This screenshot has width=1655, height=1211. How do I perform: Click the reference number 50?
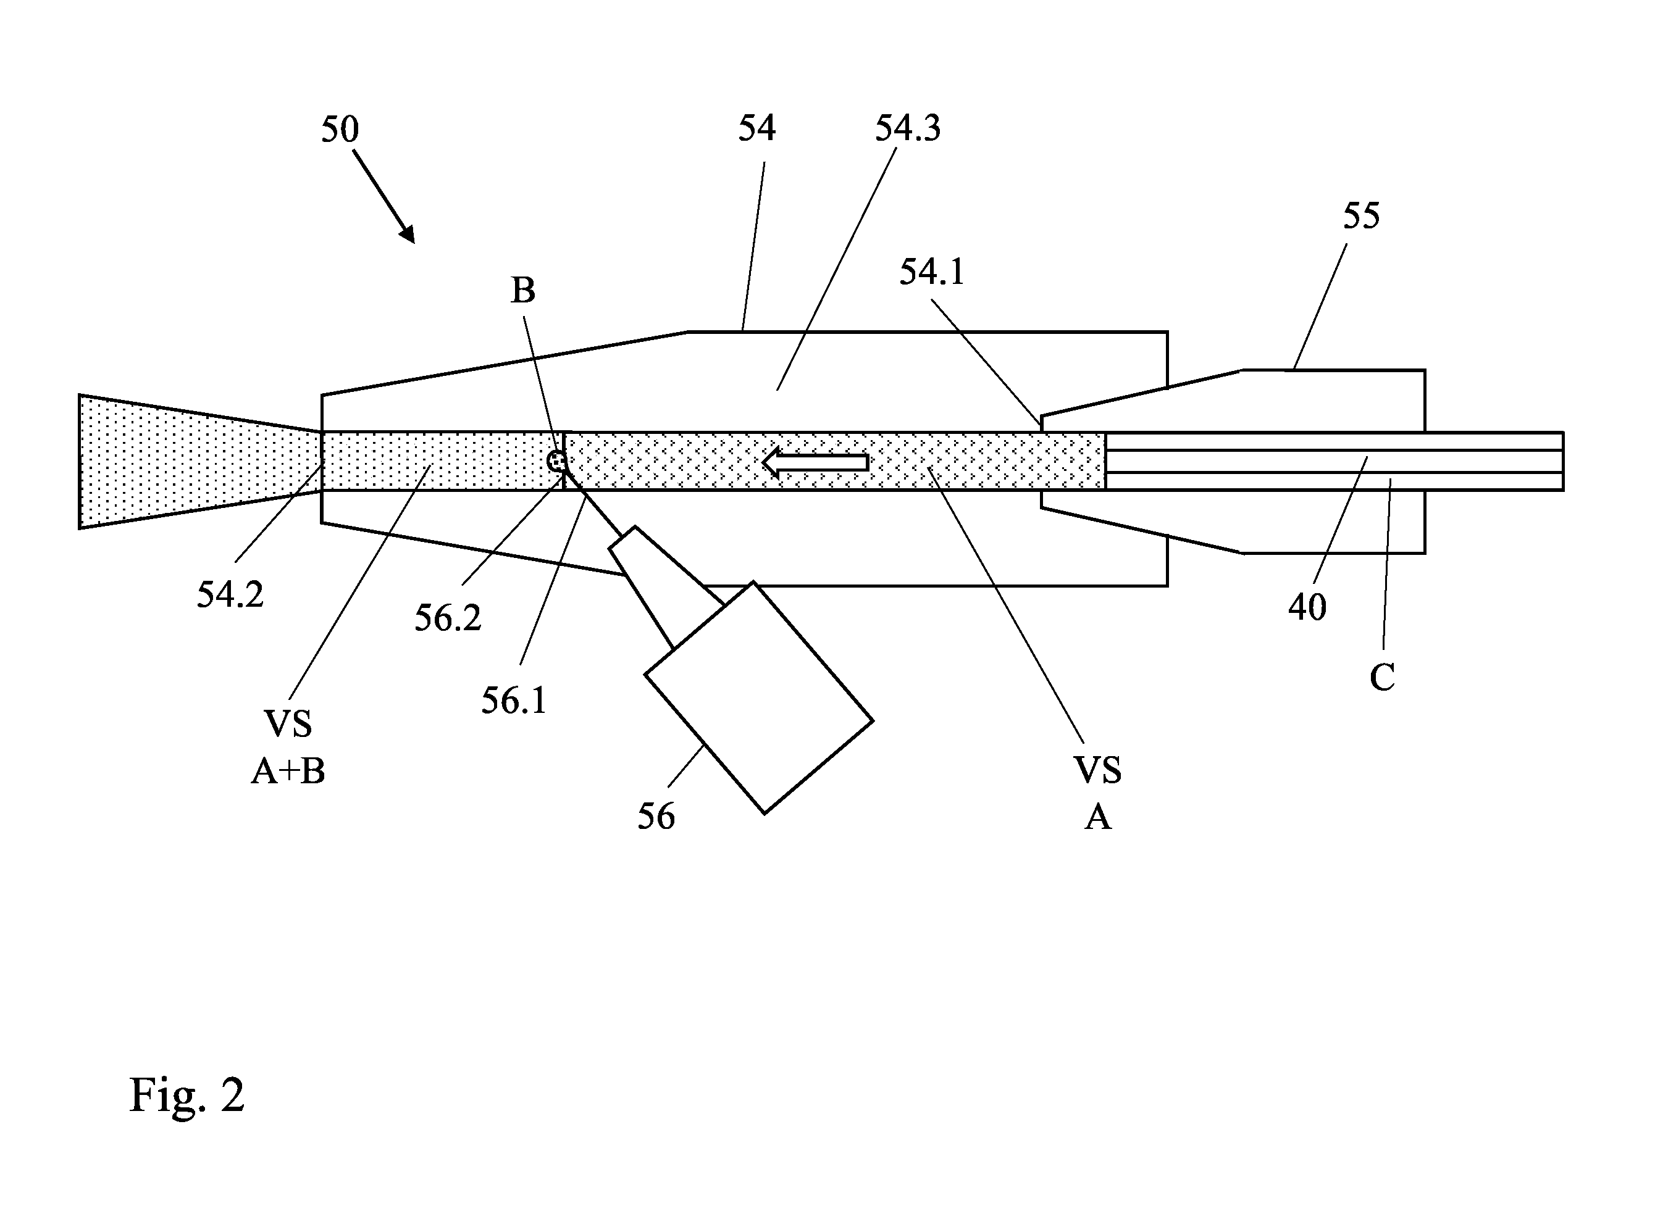pos(340,130)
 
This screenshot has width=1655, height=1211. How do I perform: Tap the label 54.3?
pos(907,128)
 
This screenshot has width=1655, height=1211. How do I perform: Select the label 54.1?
pos(931,272)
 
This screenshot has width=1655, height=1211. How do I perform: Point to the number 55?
pos(1361,215)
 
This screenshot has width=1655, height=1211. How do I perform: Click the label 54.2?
pos(230,594)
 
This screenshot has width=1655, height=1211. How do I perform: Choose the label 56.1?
pos(513,701)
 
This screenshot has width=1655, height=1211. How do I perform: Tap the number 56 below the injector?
pos(656,817)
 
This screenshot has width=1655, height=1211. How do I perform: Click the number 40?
pos(1307,607)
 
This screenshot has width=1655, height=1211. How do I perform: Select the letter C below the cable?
pos(1382,677)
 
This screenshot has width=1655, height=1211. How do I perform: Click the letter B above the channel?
pos(523,290)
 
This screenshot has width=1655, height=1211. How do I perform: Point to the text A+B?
pos(288,771)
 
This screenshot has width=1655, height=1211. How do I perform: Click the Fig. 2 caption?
pos(187,1095)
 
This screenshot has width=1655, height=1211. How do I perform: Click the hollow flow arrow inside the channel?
pos(815,462)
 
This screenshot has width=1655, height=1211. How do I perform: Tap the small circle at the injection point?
pos(557,461)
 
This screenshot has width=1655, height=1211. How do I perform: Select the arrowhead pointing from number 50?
pos(407,233)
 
